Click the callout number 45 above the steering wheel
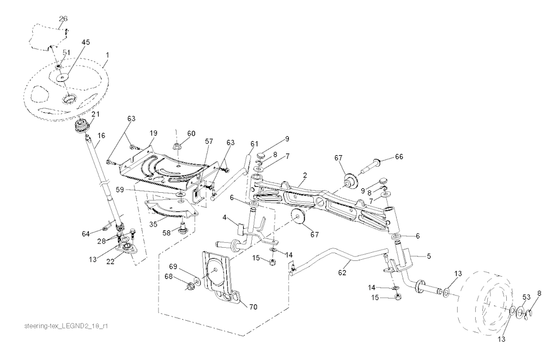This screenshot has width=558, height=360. pos(86,42)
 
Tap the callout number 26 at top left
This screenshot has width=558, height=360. pos(63,19)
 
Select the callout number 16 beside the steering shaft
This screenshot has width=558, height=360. pos(101,135)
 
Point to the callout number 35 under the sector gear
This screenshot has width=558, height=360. pos(153,224)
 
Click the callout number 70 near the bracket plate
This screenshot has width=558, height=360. pos(253,307)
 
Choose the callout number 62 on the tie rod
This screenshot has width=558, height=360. pos(342,273)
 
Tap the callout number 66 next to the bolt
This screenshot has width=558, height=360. pos(399,156)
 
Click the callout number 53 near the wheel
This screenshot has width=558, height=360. pos(526,297)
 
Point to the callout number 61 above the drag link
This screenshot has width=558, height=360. pos(254,144)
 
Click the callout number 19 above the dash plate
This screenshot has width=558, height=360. pos(153,133)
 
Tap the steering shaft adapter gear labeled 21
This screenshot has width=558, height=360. pos(82,126)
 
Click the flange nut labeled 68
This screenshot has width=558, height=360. pos(190,285)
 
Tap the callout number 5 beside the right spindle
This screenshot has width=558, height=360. pos(429,256)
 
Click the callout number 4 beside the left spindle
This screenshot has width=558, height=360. pos(225,217)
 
